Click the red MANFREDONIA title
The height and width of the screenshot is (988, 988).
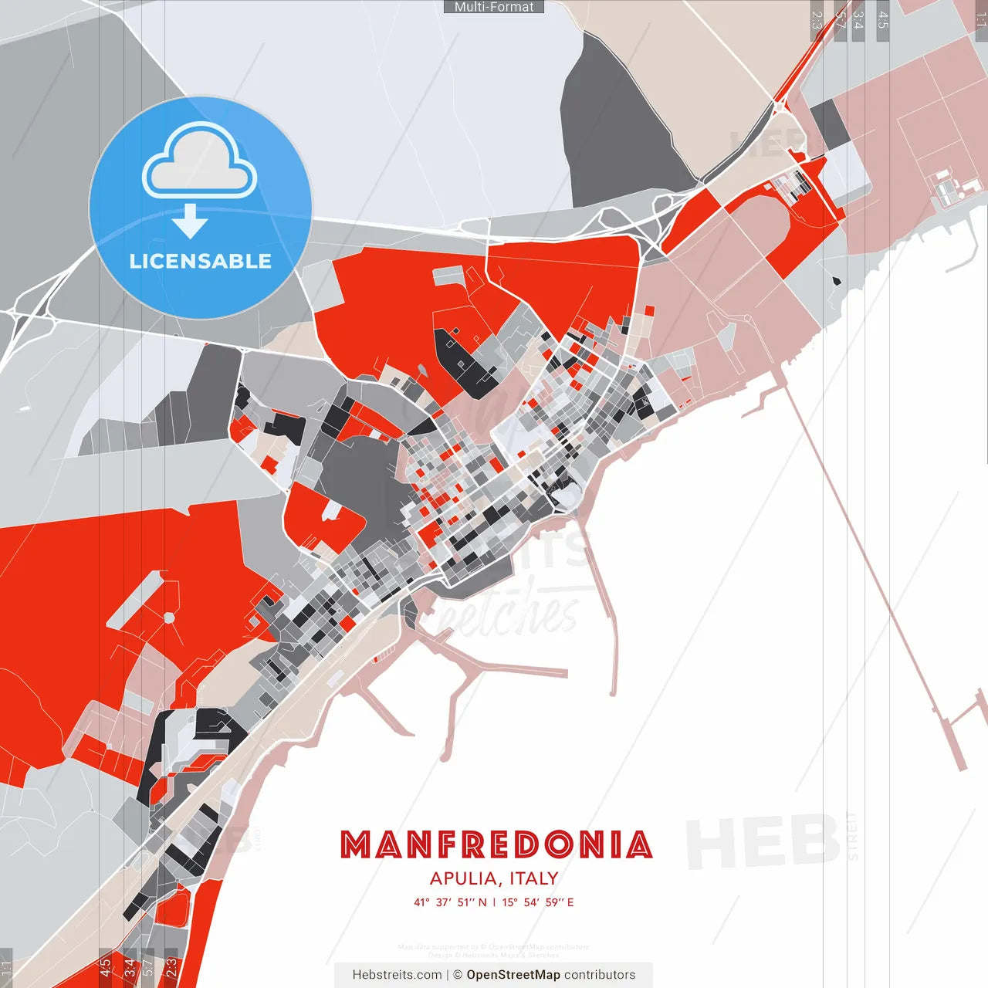(x=496, y=845)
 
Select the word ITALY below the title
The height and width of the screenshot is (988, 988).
(x=533, y=878)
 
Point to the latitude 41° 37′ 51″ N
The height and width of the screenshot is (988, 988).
(x=450, y=902)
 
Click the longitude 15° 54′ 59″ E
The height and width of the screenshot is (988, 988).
(x=538, y=902)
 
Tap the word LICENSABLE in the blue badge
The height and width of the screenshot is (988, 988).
(x=201, y=261)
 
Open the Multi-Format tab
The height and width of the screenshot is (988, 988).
(x=494, y=7)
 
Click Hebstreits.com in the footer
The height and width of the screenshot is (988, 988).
(x=397, y=975)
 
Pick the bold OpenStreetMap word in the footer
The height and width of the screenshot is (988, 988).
(x=513, y=975)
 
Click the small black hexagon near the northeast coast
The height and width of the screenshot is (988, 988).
(x=837, y=281)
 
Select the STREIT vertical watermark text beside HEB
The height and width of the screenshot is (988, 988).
(x=852, y=837)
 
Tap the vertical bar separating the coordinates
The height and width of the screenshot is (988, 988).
(x=494, y=902)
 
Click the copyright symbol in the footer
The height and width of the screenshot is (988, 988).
(x=458, y=975)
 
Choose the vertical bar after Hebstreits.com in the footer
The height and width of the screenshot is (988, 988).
(x=448, y=975)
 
